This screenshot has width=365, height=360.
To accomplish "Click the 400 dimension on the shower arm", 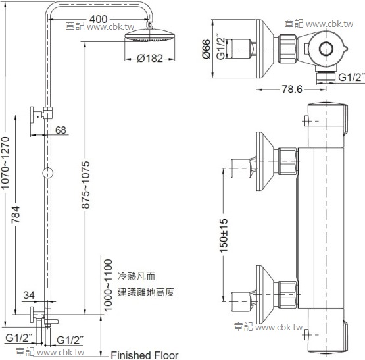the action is pos(98,19).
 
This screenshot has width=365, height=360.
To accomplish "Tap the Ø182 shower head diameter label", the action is pos(150,59).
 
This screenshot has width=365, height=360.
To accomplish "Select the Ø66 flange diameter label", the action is pos(207,49).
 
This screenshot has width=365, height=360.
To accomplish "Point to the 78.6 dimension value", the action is pos(292,89).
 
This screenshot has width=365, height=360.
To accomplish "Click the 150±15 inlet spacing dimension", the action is pos(224,236).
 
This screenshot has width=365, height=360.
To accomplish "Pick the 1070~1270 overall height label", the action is pos(5,163).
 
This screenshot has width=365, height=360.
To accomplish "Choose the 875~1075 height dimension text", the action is pos(85,184).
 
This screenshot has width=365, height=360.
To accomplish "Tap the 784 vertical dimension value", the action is pos(16,215).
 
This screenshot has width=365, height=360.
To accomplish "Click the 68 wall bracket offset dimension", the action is pos(61,130).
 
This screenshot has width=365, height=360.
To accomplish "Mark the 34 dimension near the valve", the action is pos(29,296).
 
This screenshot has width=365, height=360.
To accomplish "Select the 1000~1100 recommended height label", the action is pos(108,286).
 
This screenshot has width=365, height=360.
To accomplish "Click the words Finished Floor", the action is pos(145,355).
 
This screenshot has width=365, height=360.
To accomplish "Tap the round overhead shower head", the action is pos(150,36).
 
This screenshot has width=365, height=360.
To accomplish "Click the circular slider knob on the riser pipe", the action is pos(48,173).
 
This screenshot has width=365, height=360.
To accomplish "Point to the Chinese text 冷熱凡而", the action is pos(136,276).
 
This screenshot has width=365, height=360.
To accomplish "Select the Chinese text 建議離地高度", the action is pos(146,292).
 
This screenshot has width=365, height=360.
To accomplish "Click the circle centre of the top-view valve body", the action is pos(326,49).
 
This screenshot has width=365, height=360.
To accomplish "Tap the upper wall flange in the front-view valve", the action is pos(264,161).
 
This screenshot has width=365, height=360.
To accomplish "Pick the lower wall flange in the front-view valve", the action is pos(264,295).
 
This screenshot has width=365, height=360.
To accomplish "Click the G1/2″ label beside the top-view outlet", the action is pos(351,77).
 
